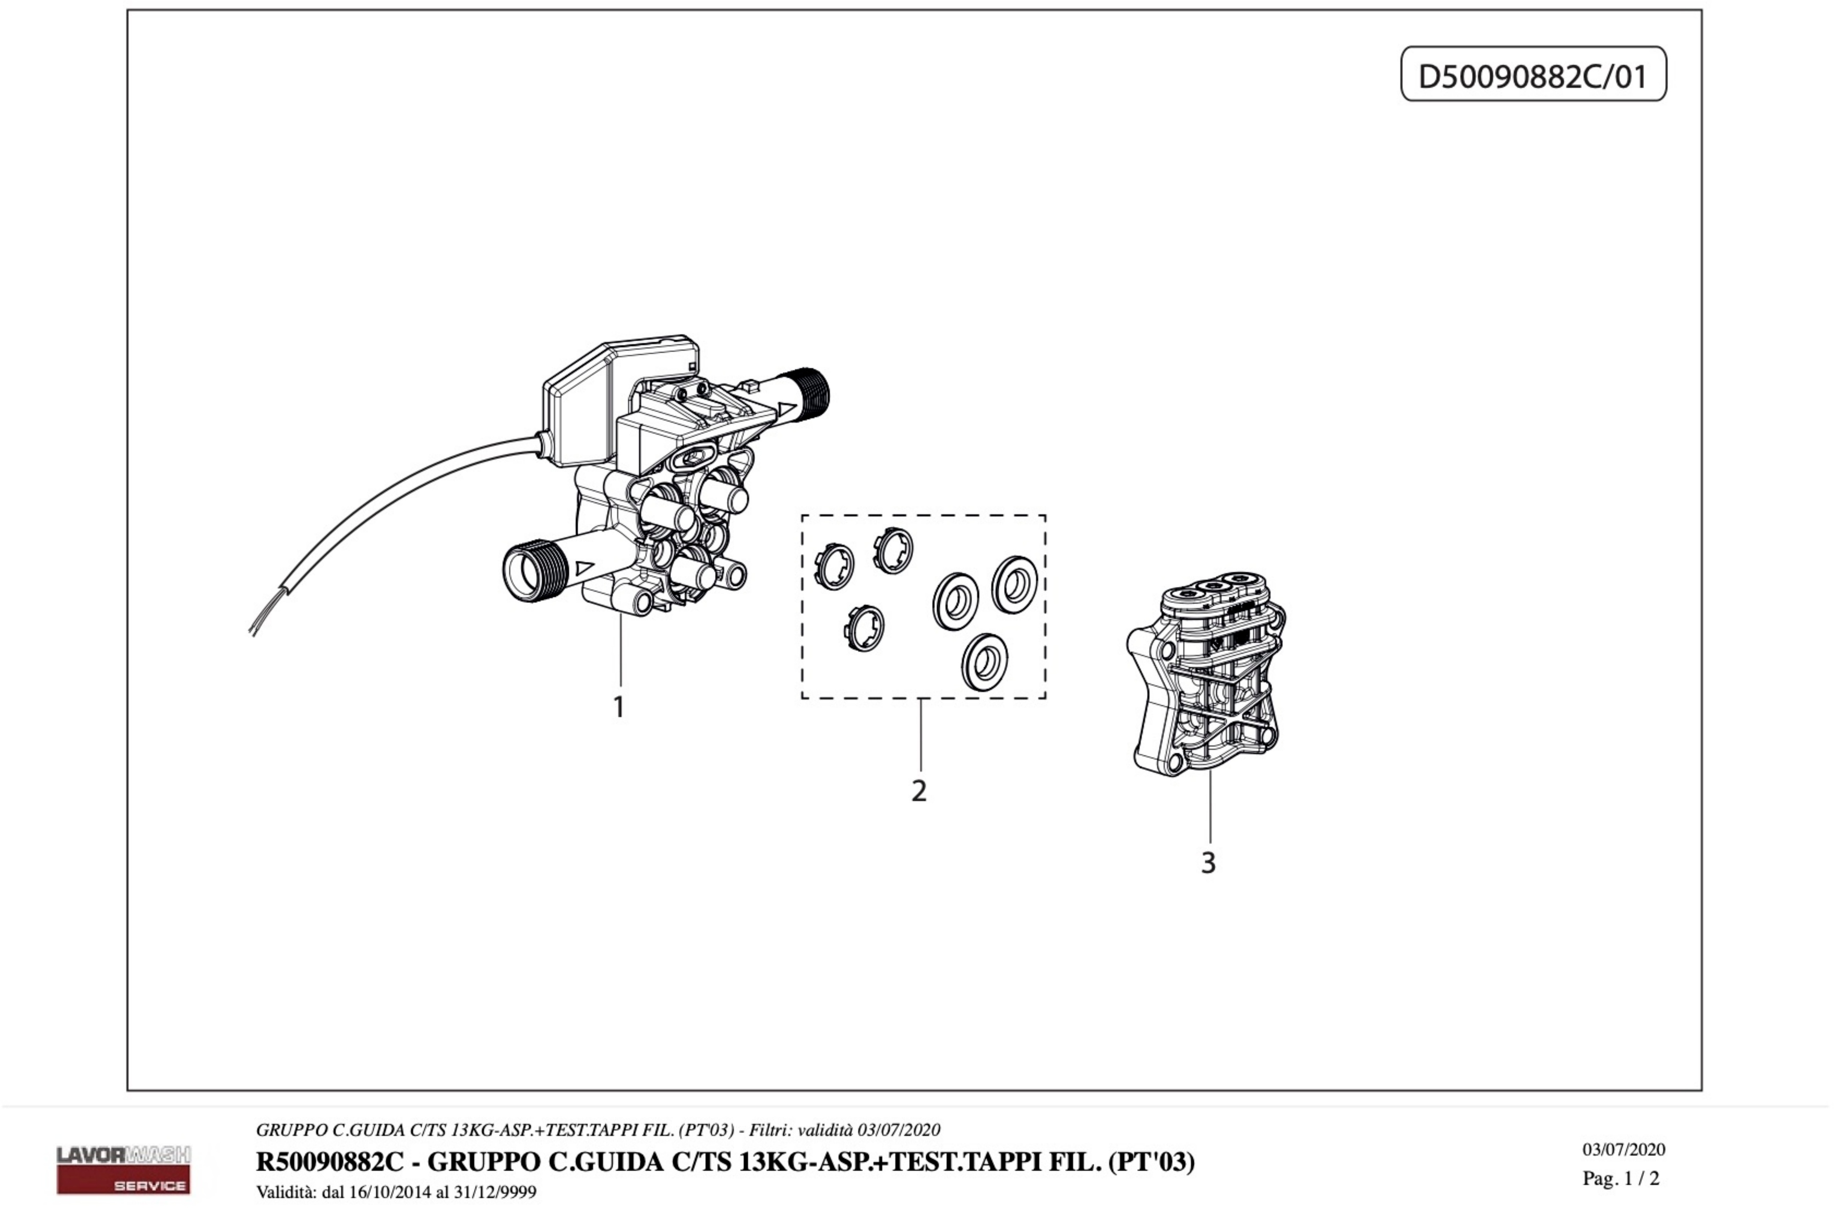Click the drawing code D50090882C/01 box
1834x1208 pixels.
pyautogui.click(x=1533, y=75)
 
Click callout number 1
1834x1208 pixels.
pyautogui.click(x=618, y=706)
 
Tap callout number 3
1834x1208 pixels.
pyautogui.click(x=1208, y=863)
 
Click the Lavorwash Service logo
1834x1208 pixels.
pyautogui.click(x=123, y=1169)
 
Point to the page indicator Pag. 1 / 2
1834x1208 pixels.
pyautogui.click(x=1620, y=1178)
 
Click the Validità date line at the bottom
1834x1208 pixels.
pyautogui.click(x=396, y=1192)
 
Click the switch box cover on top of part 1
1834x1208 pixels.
pyautogui.click(x=585, y=401)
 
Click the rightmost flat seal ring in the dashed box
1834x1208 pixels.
pyautogui.click(x=1014, y=585)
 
